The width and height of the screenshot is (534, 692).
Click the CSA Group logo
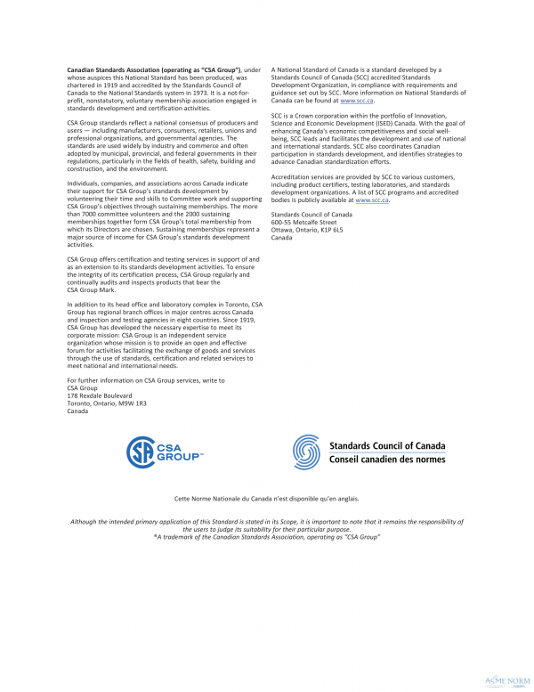[165, 452]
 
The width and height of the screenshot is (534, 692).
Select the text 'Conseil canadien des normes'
[387, 460]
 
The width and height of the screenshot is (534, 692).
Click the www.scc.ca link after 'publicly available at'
[372, 200]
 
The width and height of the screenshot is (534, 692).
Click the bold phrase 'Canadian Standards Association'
[118, 69]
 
